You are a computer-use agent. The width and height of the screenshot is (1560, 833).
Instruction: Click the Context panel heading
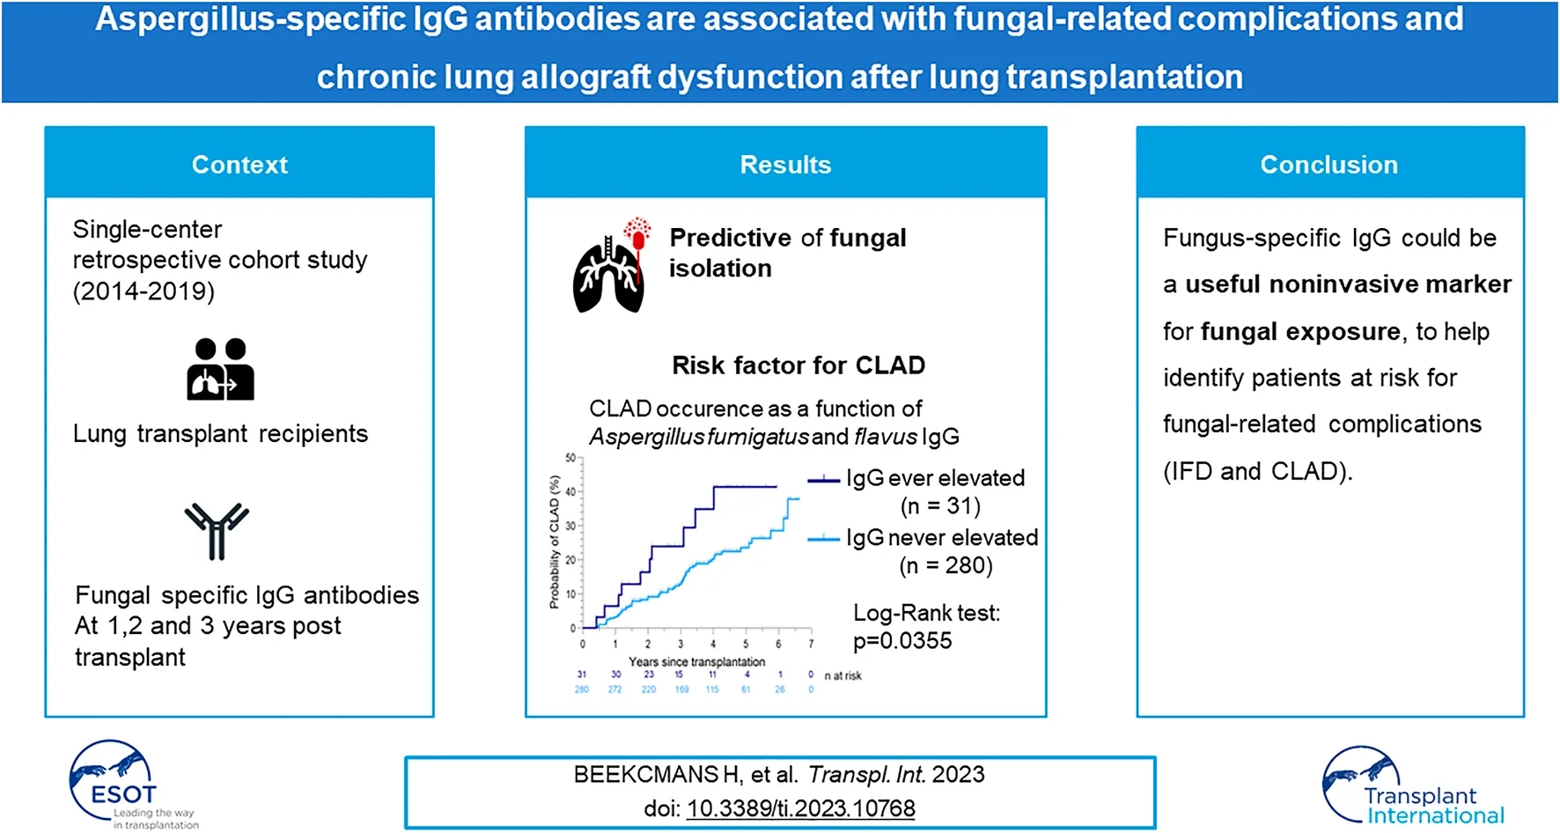tap(239, 165)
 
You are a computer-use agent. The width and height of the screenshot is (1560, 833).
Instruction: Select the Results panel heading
tap(785, 165)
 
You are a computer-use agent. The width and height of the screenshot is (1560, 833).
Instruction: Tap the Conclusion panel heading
tap(1328, 165)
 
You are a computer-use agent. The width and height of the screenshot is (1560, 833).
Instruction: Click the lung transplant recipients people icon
tap(220, 370)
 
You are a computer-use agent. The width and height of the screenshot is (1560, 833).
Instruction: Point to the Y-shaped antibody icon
tap(217, 531)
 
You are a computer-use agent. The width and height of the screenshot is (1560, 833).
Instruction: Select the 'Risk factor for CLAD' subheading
tap(798, 365)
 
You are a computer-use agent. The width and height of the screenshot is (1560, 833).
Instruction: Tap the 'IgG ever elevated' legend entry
tap(935, 478)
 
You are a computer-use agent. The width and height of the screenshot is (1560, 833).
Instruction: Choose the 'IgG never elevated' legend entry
tap(941, 538)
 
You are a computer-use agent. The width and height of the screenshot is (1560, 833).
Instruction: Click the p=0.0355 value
tap(902, 641)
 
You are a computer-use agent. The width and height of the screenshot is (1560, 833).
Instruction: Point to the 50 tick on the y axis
tap(570, 458)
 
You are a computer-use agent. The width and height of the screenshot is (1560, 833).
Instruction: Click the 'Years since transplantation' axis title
tap(696, 661)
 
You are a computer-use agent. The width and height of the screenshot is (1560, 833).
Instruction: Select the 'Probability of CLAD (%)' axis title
tap(555, 542)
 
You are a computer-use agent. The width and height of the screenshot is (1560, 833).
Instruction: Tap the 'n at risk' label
tap(843, 675)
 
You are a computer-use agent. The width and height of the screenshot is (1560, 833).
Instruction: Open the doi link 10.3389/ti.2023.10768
tap(800, 808)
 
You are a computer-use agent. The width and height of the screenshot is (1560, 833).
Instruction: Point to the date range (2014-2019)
tap(143, 291)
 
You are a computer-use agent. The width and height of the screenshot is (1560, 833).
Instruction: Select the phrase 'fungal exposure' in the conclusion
tap(1299, 332)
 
